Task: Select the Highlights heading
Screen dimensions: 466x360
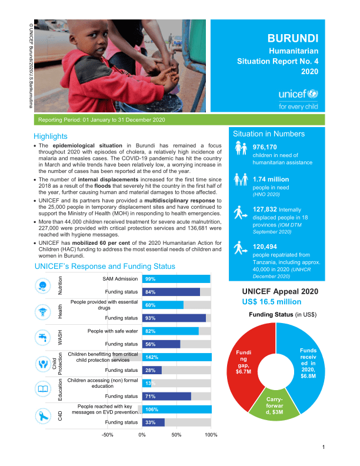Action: (x=51, y=136)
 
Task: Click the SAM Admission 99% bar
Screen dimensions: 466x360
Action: (x=176, y=279)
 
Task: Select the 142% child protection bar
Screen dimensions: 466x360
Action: (x=177, y=357)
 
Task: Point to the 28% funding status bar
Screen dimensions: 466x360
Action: (x=152, y=370)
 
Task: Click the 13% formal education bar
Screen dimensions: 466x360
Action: (x=146, y=383)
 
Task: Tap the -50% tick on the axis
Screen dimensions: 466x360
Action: (x=108, y=434)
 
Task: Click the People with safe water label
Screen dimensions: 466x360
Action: (x=112, y=331)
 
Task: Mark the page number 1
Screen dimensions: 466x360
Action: (x=324, y=448)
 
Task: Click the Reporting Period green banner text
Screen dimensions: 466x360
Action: (x=101, y=120)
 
